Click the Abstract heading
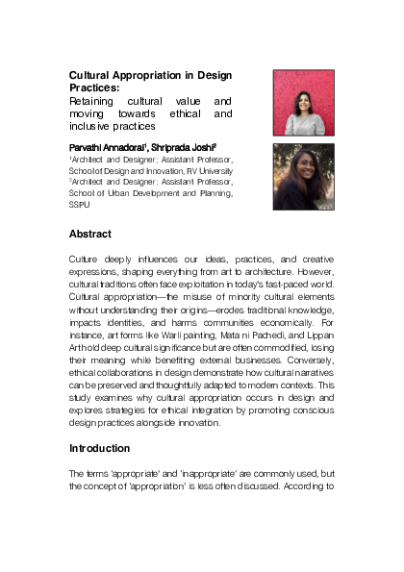pos(90,234)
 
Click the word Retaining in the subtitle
pos(91,101)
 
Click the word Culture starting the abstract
pos(84,261)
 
